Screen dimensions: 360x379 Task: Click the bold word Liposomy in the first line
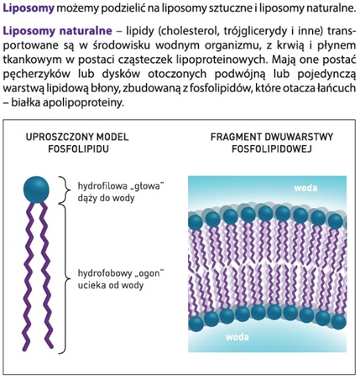click(x=29, y=8)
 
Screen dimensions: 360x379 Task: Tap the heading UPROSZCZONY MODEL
click(x=77, y=137)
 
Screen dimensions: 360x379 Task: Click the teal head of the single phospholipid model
click(x=36, y=189)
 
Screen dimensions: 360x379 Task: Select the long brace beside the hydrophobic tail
click(x=66, y=278)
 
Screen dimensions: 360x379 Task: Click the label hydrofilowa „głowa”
click(x=121, y=186)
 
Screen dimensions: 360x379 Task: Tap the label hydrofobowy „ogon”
click(x=121, y=273)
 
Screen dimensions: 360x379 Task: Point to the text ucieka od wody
click(x=111, y=285)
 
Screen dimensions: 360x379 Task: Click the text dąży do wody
click(x=106, y=199)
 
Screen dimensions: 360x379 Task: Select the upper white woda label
click(x=305, y=188)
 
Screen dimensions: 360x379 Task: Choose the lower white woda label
click(x=237, y=337)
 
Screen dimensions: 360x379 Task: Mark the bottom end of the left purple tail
click(x=24, y=349)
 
